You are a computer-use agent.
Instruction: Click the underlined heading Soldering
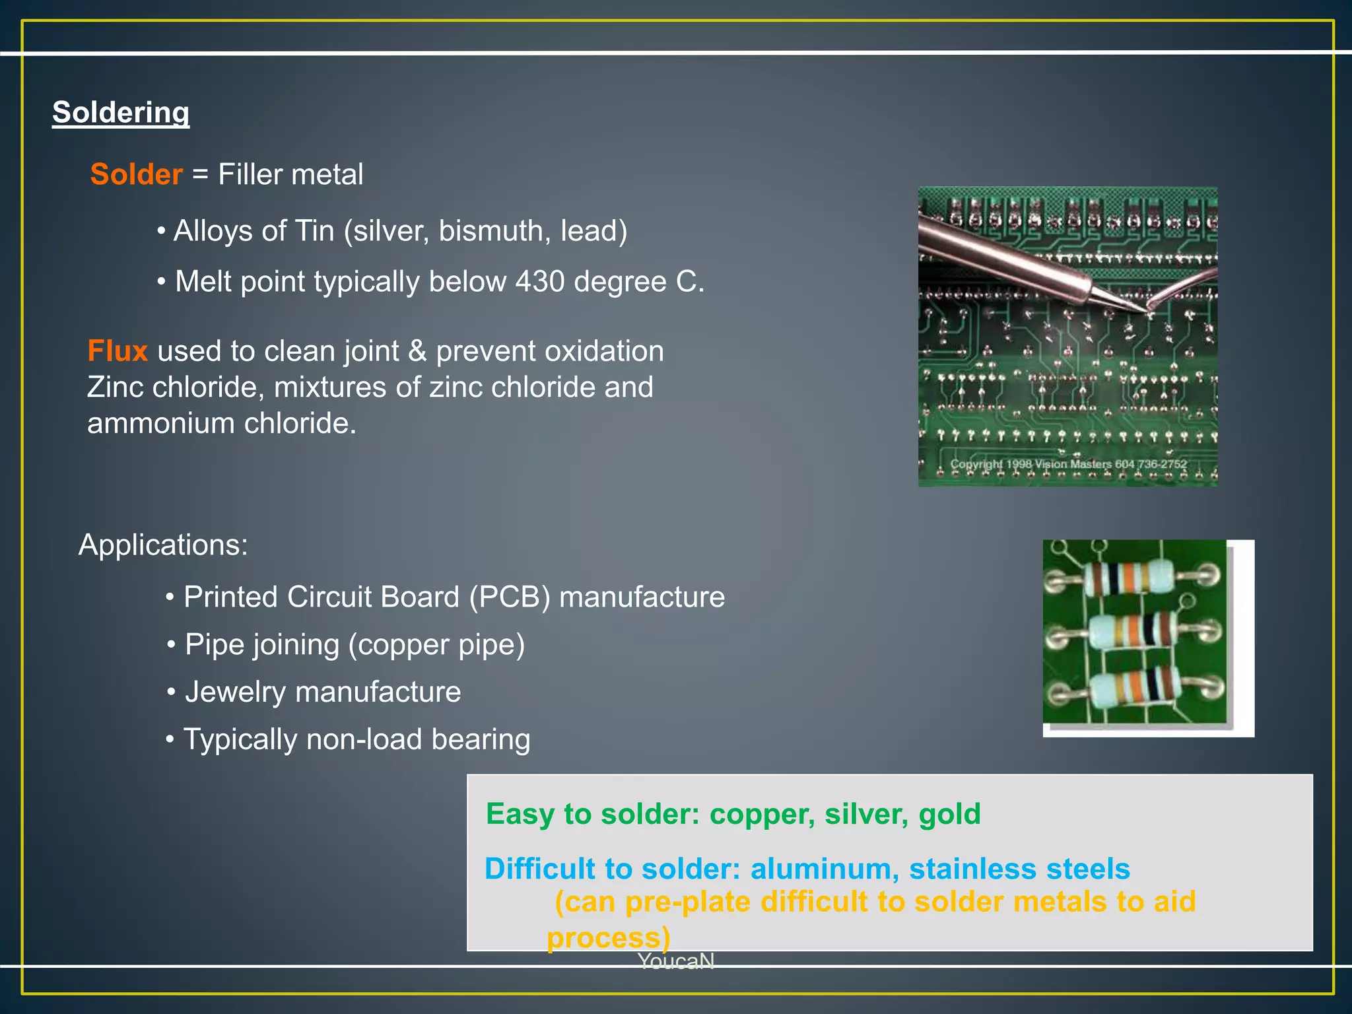121,112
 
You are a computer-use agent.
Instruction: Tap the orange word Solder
136,174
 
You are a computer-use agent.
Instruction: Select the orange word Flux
117,351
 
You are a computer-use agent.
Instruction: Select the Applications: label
163,545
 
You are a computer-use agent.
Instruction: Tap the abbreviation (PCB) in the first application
509,597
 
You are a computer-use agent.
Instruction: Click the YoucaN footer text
675,961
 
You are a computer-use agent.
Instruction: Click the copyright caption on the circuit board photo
1068,464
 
